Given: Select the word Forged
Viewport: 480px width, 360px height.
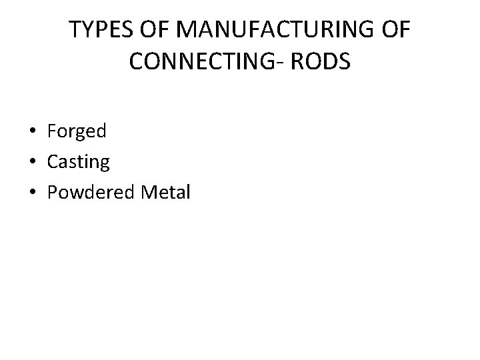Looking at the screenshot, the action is pyautogui.click(x=77, y=131).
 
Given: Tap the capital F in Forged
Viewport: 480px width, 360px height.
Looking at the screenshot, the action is pyautogui.click(x=52, y=131).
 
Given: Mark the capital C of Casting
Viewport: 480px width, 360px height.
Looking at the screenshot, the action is pyautogui.click(x=53, y=162).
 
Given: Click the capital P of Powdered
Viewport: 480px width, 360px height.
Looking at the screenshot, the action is pyautogui.click(x=53, y=193).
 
